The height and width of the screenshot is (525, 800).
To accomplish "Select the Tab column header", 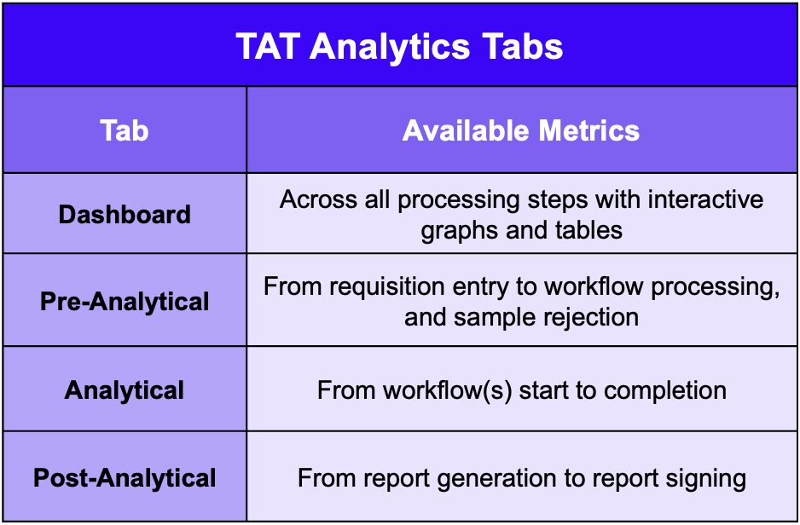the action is pos(125,130).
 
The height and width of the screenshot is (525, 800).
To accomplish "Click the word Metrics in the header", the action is pos(588,130).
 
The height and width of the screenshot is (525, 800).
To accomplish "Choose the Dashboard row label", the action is pos(125,214).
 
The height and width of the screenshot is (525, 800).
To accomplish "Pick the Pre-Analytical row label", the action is pos(125,301).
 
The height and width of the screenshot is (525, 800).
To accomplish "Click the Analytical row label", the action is pos(125,390).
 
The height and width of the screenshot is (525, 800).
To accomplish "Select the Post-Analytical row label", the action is pos(125,478).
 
